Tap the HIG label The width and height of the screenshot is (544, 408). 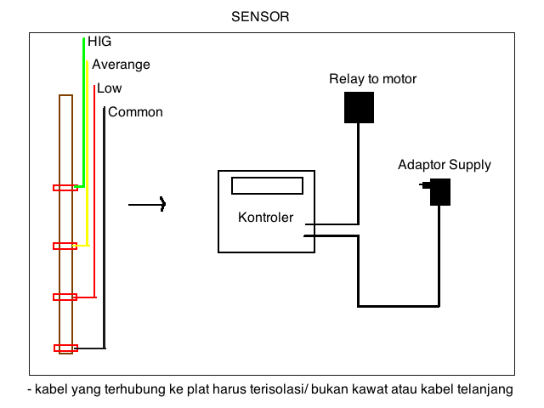pos(99,41)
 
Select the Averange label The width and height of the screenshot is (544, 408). pos(121,65)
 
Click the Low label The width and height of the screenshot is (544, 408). pos(109,88)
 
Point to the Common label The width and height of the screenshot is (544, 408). pos(135,112)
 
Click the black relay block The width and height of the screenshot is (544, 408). pos(359,107)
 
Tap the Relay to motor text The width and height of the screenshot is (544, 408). pos(373,79)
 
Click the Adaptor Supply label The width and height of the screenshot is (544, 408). pos(444,165)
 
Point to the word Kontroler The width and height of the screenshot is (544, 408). pos(265,218)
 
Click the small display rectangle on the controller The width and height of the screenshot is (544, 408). pos(267,185)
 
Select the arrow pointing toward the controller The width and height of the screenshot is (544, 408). pos(147,204)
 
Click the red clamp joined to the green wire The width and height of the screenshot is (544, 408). pos(65,188)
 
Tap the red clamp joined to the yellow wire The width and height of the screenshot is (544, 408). pos(65,246)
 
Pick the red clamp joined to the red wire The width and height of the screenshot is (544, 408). pos(65,297)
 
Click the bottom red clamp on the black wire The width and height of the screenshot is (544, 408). pos(65,348)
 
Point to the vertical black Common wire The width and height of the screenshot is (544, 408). pos(104,229)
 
